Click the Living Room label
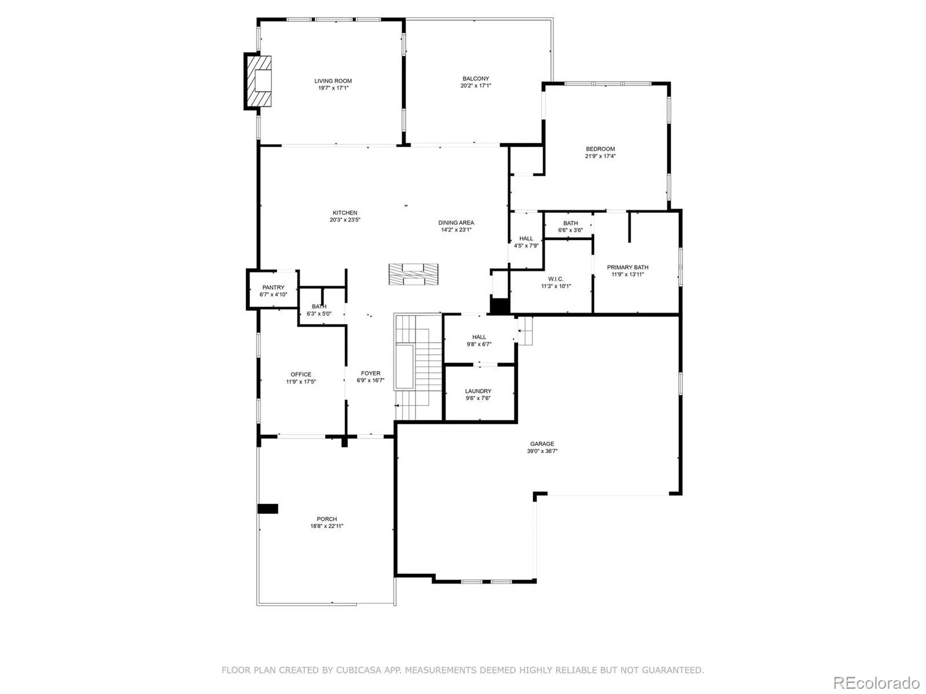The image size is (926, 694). click(333, 81)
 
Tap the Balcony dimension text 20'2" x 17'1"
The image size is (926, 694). click(476, 86)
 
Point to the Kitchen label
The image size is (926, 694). click(345, 213)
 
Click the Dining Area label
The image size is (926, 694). click(455, 223)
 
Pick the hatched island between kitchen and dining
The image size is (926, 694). click(413, 274)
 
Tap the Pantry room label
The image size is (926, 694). click(273, 287)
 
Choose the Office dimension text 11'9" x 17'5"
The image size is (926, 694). click(301, 382)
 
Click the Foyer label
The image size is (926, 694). click(370, 374)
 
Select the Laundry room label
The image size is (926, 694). click(478, 391)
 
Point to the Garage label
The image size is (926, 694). click(542, 444)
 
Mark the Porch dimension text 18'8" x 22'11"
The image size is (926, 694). click(326, 526)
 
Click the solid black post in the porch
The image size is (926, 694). click(268, 508)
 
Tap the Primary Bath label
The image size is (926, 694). click(627, 267)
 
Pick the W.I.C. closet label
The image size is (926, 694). click(556, 279)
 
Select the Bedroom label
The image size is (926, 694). click(600, 149)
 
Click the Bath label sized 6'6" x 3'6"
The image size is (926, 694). click(571, 223)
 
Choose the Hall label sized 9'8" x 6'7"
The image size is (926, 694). click(479, 337)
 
